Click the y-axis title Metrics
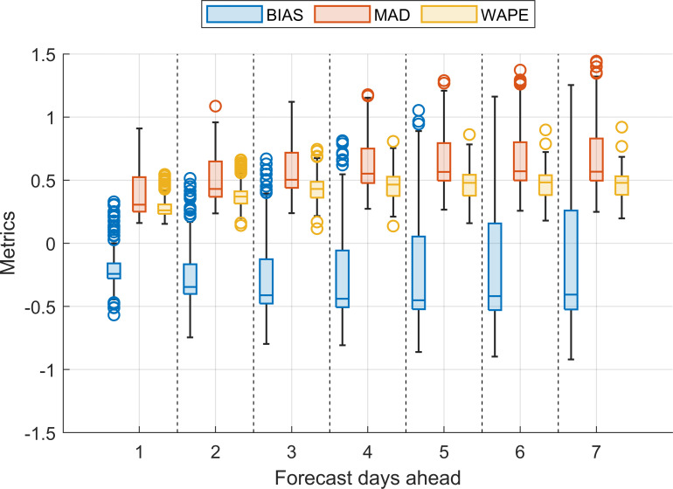11,244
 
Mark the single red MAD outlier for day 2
215,107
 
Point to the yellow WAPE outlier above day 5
468,135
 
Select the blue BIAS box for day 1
114,270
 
